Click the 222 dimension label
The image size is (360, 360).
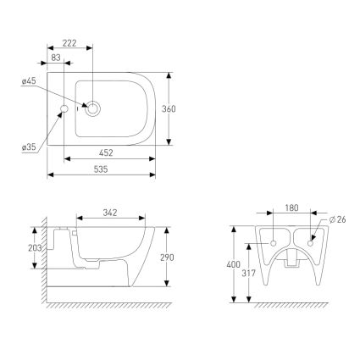[69, 43]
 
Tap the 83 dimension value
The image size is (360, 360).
[56, 58]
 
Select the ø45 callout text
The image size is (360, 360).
[29, 81]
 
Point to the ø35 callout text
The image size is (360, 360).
[29, 147]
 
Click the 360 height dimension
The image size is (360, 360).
[169, 109]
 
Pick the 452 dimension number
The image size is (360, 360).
[106, 152]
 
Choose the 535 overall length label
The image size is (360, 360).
[101, 169]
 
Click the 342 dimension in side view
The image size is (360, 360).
[110, 213]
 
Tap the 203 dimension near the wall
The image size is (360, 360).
[35, 248]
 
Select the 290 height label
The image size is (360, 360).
[167, 258]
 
